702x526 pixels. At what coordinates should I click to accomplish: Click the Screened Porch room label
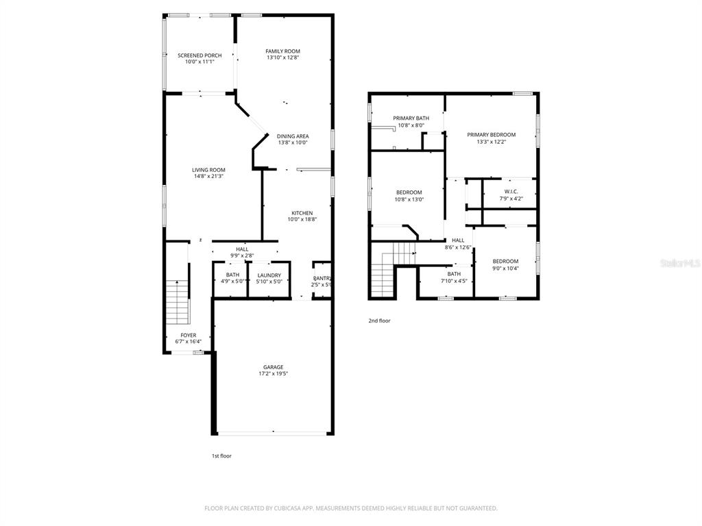point(199,55)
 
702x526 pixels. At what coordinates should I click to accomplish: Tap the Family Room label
point(283,51)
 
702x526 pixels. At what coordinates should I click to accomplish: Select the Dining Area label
point(293,136)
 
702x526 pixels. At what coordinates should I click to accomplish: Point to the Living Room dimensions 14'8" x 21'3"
point(208,177)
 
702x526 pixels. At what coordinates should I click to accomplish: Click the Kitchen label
point(302,213)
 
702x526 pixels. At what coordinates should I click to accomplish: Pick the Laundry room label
point(269,275)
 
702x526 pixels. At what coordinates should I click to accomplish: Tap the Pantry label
point(322,278)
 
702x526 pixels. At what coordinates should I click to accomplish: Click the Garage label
point(272,367)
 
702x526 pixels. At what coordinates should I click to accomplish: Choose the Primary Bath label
point(411,118)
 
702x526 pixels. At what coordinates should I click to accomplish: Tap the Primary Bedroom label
point(491,135)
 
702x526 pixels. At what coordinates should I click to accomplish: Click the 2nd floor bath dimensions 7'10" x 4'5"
point(454,280)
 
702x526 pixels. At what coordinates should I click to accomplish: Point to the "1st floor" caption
point(221,455)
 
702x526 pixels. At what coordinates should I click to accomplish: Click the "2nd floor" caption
point(379,321)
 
